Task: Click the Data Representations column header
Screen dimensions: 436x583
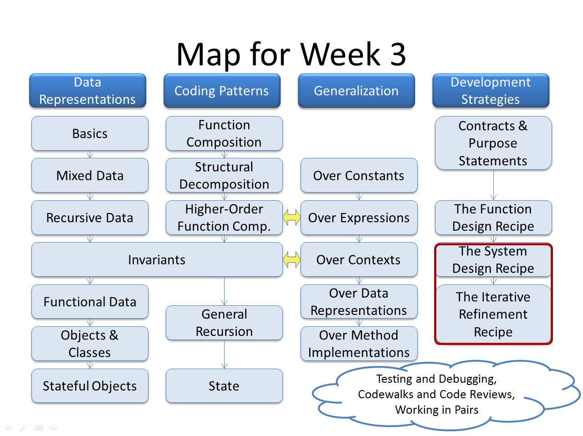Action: tap(87, 91)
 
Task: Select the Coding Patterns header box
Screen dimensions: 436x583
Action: tap(222, 91)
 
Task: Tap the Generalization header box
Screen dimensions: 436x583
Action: tap(356, 91)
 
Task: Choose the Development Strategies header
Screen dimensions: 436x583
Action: tap(491, 91)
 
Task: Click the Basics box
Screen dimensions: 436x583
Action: tap(90, 133)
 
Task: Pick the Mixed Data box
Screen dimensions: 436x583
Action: tap(90, 175)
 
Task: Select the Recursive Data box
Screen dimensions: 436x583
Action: tap(90, 218)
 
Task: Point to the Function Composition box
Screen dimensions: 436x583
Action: tap(224, 133)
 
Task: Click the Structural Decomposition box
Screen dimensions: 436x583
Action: tap(224, 175)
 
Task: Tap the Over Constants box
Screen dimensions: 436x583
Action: tap(359, 175)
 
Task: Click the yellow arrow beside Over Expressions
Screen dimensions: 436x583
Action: tap(291, 218)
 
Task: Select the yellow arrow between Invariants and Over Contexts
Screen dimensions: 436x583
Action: tap(291, 260)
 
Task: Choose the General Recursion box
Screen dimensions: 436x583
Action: tap(224, 323)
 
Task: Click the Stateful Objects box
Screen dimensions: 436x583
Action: tap(90, 386)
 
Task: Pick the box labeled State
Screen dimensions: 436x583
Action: tap(224, 386)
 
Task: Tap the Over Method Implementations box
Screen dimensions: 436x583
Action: tap(359, 344)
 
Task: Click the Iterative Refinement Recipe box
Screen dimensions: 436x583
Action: tap(493, 314)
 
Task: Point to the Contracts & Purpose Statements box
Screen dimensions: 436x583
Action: tap(493, 143)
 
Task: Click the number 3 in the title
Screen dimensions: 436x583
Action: tap(398, 54)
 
